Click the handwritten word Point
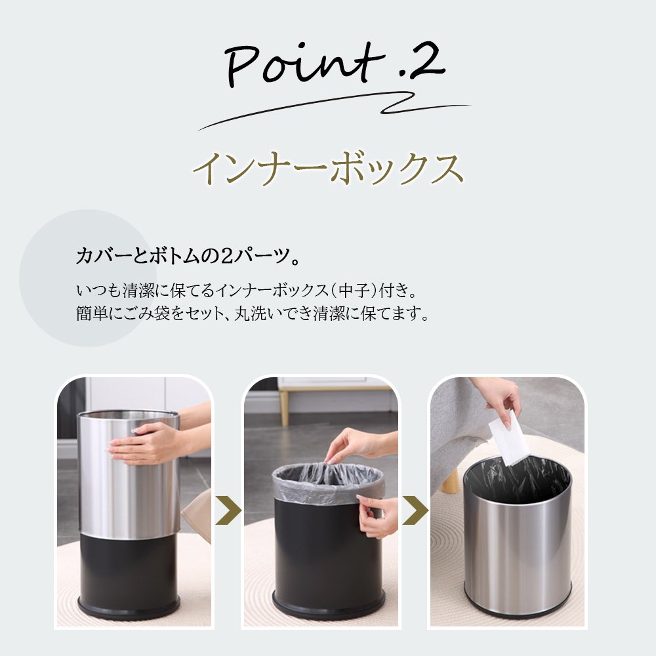pos(304,65)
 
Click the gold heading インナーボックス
pos(329,168)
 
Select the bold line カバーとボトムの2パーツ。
pos(188,256)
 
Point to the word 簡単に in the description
pos(100,313)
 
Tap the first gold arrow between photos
pos(228,510)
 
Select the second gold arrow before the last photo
pos(415,510)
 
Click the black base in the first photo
pos(128,577)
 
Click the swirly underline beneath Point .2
pos(335,110)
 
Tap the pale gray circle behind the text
pos(88,277)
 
